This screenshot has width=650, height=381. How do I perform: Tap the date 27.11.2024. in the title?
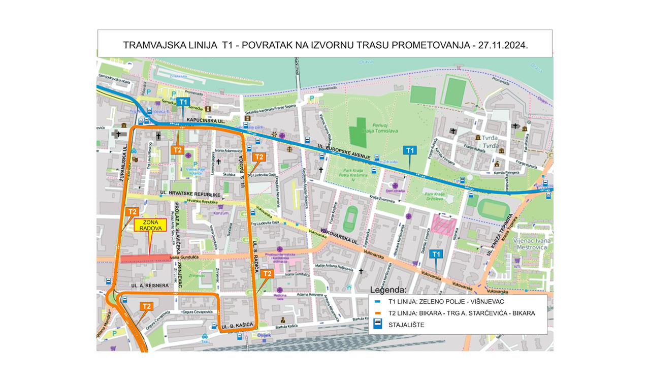point(500,45)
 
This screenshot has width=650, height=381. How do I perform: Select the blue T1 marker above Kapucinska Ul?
point(184,102)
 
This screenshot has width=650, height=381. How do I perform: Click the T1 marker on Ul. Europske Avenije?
point(410,150)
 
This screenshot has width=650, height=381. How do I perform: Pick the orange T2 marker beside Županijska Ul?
point(132,211)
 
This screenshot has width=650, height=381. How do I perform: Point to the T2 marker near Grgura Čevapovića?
point(146,306)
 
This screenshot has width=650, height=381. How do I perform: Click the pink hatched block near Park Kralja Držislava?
point(443,225)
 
